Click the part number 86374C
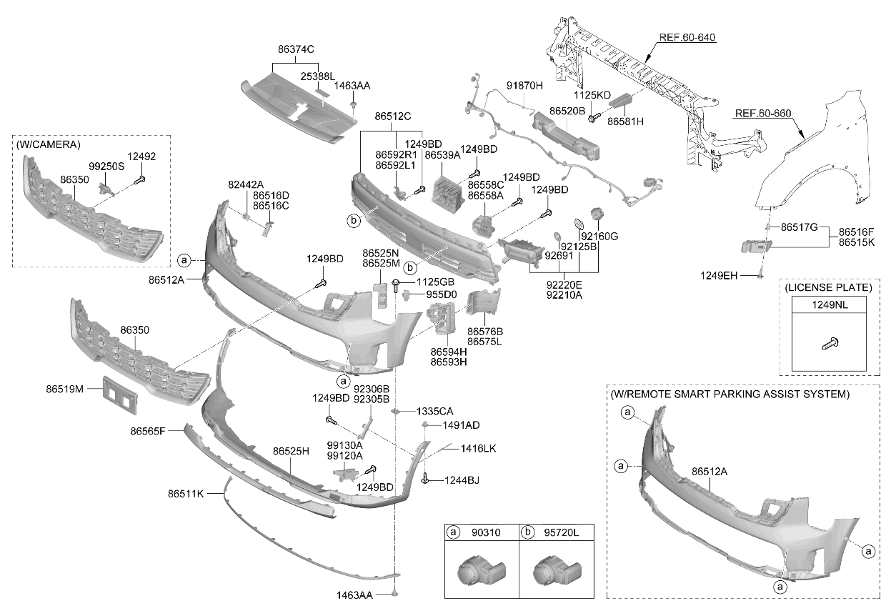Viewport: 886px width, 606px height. pos(296,49)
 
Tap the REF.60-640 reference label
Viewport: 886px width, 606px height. pos(687,38)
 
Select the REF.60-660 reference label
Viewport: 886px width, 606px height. pos(763,114)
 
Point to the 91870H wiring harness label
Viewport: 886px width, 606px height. pos(525,86)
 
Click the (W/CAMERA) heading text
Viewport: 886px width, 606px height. pos(49,145)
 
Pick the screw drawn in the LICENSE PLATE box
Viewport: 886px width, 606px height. pos(830,343)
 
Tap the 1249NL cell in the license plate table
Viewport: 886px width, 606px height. pos(830,305)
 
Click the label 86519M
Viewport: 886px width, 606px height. pos(65,389)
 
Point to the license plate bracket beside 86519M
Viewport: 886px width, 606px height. pos(120,395)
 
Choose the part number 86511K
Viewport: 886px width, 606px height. pos(186,494)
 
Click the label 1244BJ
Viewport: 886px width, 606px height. pos(462,481)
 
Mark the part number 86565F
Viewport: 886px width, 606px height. pos(148,431)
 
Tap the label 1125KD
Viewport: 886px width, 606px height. pos(592,95)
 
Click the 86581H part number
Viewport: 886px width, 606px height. pos(625,121)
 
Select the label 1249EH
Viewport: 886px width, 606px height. pos(719,276)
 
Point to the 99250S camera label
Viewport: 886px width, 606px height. pos(106,167)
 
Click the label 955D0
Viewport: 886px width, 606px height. pos(442,294)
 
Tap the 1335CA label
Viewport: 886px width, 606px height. pos(434,412)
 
